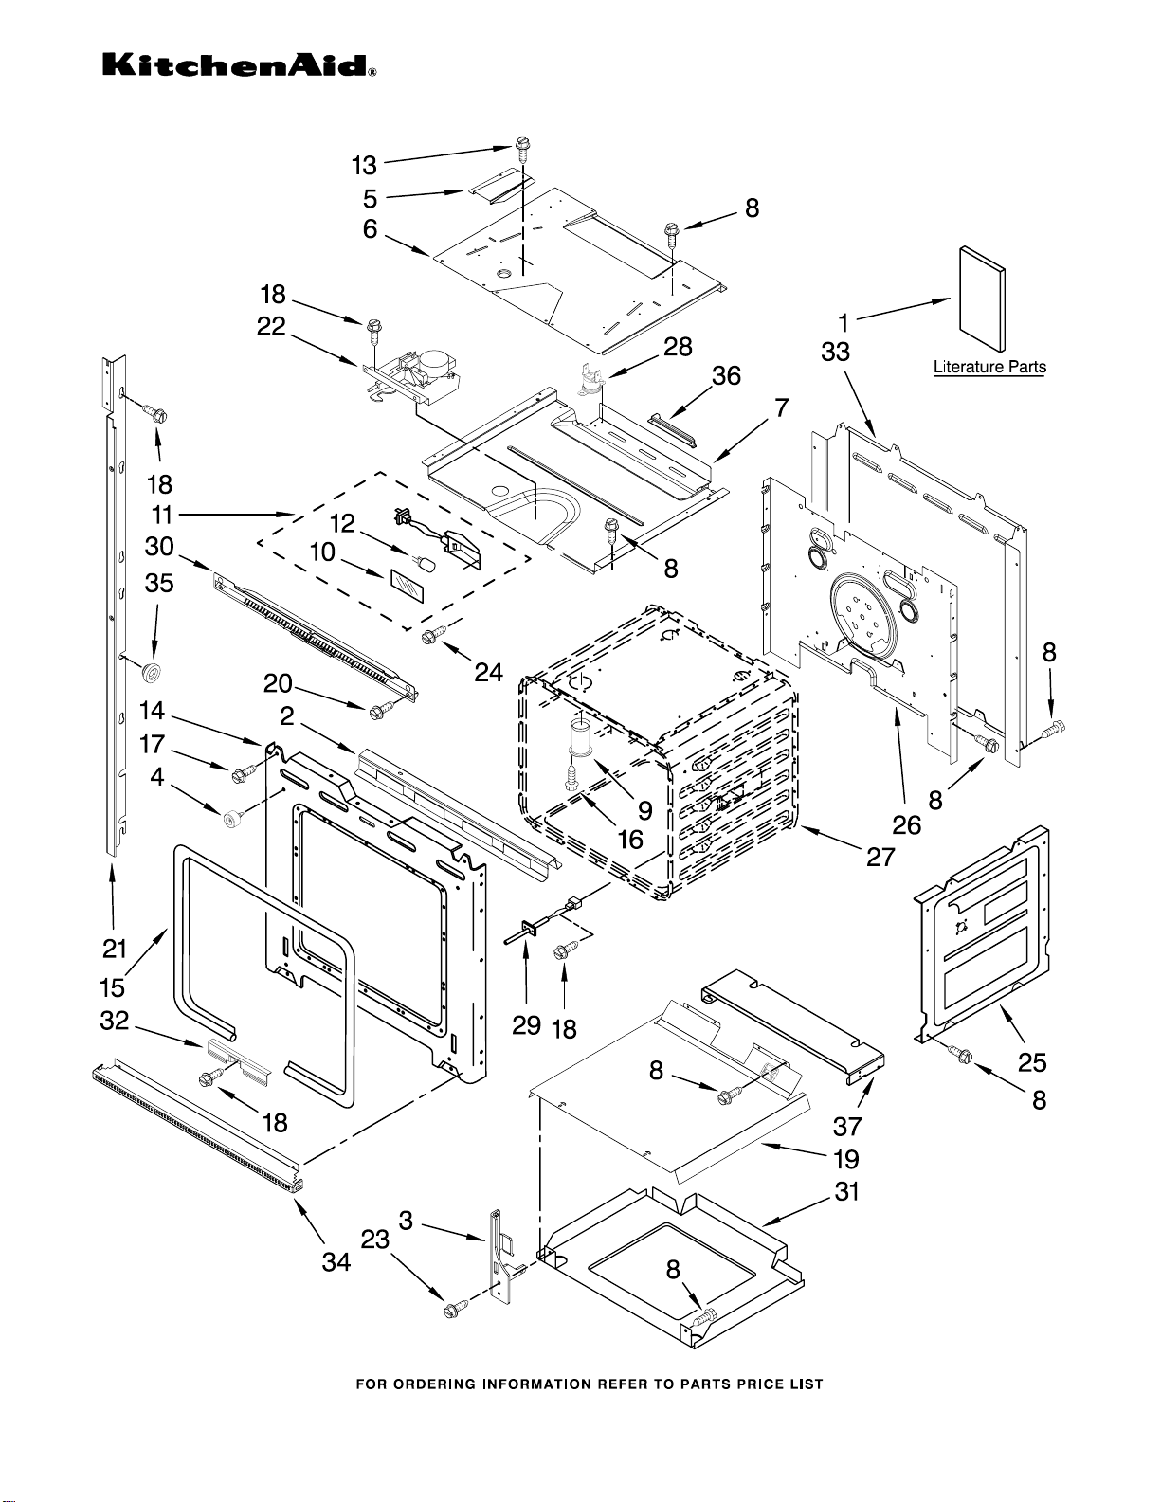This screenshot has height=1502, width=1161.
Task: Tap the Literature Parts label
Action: [989, 367]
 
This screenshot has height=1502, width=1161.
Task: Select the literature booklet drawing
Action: [982, 302]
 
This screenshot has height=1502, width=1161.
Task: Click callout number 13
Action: [364, 166]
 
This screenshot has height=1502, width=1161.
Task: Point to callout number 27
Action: [880, 857]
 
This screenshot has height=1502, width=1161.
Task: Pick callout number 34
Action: [336, 1262]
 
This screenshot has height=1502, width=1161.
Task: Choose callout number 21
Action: [114, 947]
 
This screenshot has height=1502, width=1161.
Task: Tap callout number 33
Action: [835, 353]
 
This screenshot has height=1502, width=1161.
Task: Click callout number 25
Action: [1032, 1062]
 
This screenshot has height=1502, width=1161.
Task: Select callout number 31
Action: [846, 1191]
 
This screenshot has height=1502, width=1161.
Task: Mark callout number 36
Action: [726, 376]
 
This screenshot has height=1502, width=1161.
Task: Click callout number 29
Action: [526, 1024]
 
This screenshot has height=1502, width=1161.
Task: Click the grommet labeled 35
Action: [149, 674]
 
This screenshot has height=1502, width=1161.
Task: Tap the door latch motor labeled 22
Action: [417, 371]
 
